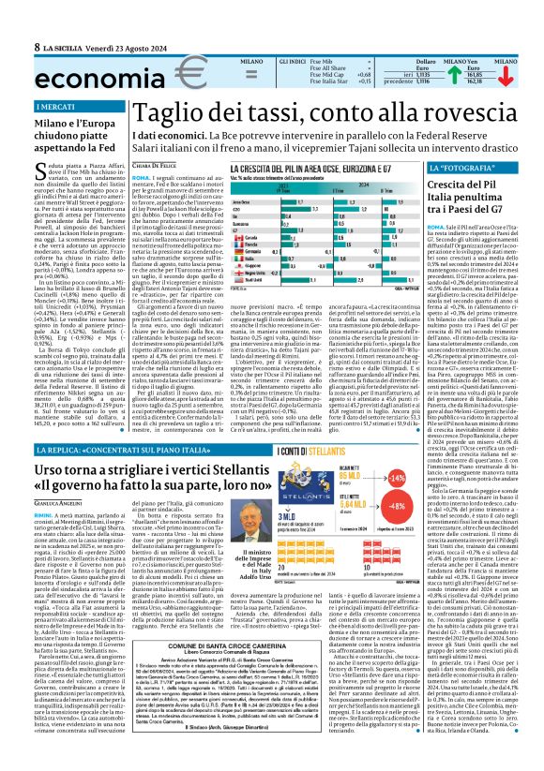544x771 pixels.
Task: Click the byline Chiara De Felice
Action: click(x=157, y=163)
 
